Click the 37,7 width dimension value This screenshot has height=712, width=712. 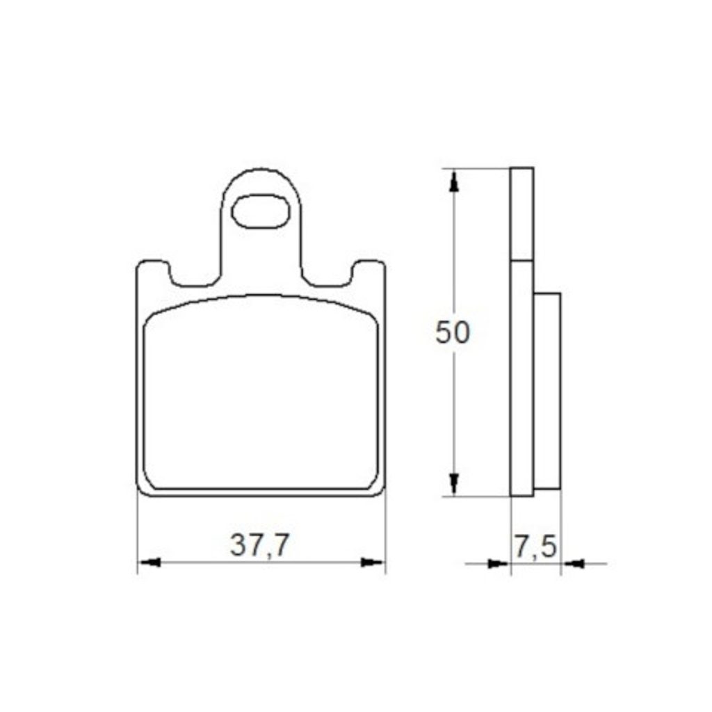coord(259,545)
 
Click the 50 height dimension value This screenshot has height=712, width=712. coord(452,332)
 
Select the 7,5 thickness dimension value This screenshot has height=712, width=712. coord(535,547)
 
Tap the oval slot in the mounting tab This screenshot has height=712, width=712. coord(261,211)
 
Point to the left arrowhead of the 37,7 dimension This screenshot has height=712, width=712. coord(149,563)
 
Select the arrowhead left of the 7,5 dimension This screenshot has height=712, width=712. coord(499,564)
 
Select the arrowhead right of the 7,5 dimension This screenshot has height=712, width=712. coord(573,564)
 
